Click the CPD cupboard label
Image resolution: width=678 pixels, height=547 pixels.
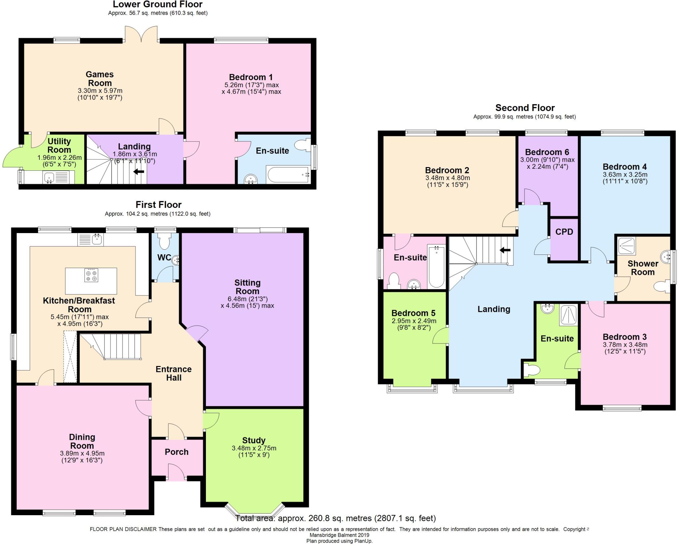pos(564,232)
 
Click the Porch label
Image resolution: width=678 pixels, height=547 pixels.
pos(176,452)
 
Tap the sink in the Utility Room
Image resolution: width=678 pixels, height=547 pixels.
pos(49,177)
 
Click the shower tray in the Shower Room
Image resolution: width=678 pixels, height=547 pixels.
pos(626,246)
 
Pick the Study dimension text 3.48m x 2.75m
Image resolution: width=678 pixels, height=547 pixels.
pos(254,448)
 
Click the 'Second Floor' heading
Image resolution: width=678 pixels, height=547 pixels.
pos(525,108)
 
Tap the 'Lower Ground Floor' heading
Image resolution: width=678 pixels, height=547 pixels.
pos(158,4)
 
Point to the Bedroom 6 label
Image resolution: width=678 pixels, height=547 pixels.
pos(547,152)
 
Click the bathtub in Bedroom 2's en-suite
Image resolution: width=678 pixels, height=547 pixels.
pos(436,267)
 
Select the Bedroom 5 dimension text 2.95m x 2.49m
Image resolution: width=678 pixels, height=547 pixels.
pos(414,321)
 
